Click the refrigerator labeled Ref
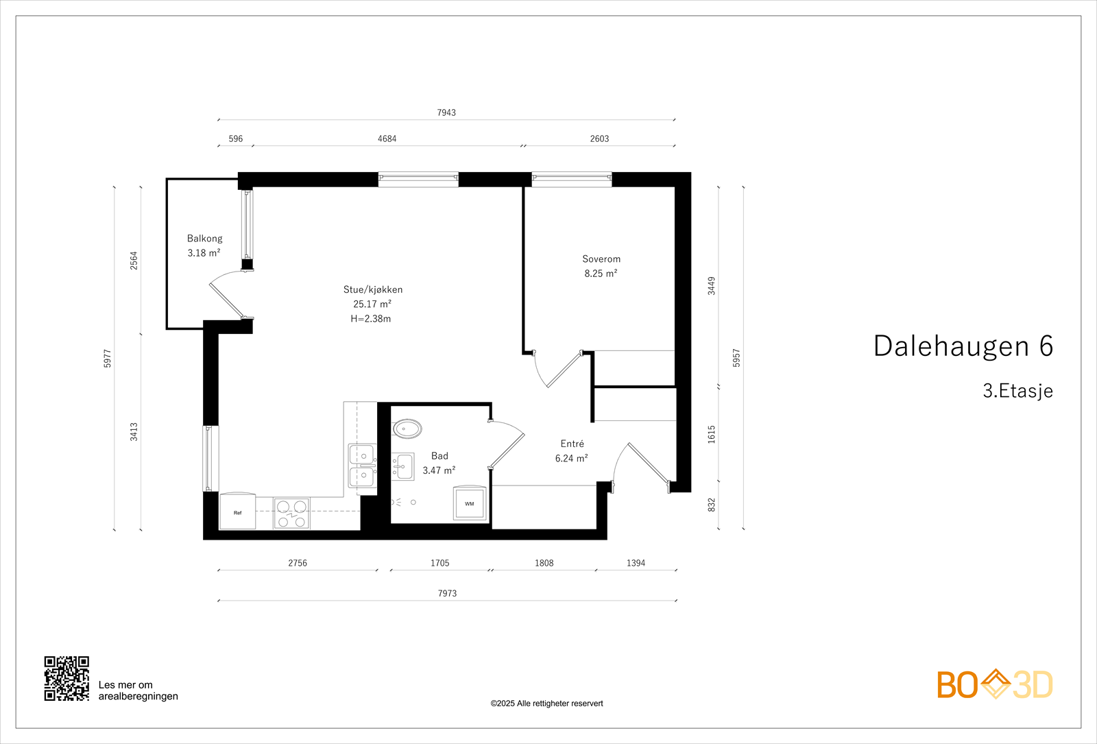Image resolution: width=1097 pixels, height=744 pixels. pos(237,512)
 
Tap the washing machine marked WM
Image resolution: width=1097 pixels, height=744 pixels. pos(470,503)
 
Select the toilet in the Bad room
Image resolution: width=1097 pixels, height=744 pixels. pos(407,429)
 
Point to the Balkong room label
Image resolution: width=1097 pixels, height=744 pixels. pos(204,239)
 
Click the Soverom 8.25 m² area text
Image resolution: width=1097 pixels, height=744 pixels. pos(601,274)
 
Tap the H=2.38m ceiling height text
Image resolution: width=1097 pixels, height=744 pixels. pos(370,319)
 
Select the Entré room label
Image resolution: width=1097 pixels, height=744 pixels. pos(572,444)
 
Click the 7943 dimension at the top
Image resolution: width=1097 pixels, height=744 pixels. pos(446,112)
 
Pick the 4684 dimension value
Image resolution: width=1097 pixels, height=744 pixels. pos(387,139)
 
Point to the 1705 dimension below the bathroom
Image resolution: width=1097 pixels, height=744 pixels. pos(439,563)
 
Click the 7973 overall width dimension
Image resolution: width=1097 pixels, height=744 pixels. pos(447,593)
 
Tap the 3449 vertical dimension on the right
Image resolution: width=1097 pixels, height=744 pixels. pos(712,286)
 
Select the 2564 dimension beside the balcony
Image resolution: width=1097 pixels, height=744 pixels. pos(134,261)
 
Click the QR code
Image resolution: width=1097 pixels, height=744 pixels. pos(67,678)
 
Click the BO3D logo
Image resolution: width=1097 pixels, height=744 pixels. pos(994,684)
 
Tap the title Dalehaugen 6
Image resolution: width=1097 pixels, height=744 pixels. pos(963,346)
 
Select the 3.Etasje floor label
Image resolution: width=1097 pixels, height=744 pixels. pos(1017,391)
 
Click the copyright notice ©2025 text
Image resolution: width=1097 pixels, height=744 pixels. pos(546,704)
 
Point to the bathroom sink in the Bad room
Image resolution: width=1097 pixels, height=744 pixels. pos(403,466)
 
